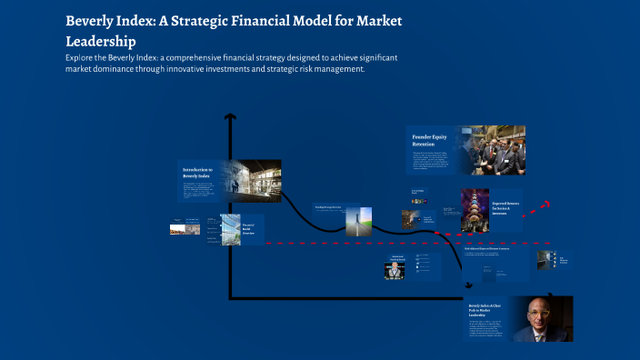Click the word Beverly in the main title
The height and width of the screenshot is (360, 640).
(94, 20)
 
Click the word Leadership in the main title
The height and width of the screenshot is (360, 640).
(100, 41)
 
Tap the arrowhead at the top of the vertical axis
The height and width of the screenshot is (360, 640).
(231, 117)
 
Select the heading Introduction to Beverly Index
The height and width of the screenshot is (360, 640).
(197, 172)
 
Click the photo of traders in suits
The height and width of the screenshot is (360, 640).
(490, 151)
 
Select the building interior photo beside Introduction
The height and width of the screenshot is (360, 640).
(250, 180)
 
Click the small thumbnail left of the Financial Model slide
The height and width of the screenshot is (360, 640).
(178, 228)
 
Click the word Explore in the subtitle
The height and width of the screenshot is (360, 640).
(82, 57)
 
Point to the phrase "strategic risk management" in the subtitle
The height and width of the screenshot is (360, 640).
(308, 69)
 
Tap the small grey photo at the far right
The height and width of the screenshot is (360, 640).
(544, 259)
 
